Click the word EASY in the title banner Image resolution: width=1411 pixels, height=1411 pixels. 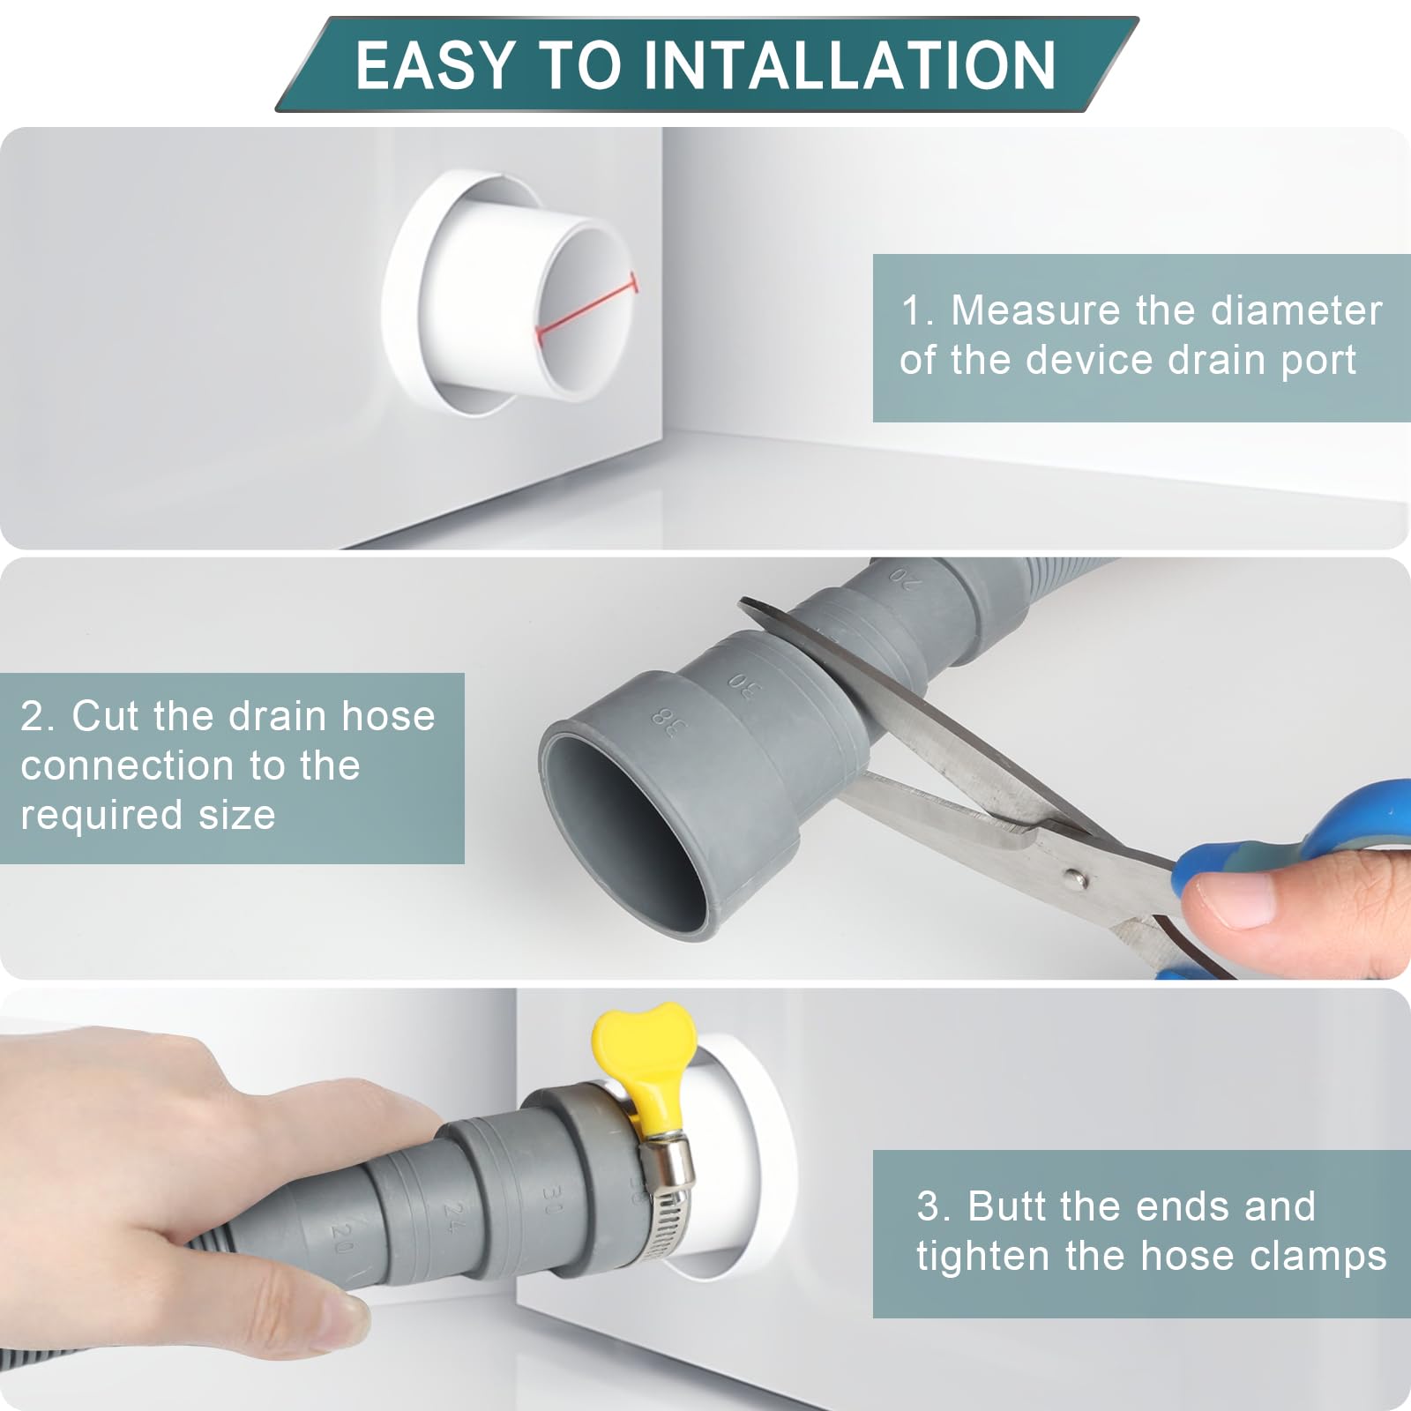click(x=435, y=66)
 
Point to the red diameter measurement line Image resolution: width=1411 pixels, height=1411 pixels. click(x=586, y=309)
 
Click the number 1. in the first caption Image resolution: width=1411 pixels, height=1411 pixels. click(x=917, y=310)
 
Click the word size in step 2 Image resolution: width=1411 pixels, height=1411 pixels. click(x=236, y=815)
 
